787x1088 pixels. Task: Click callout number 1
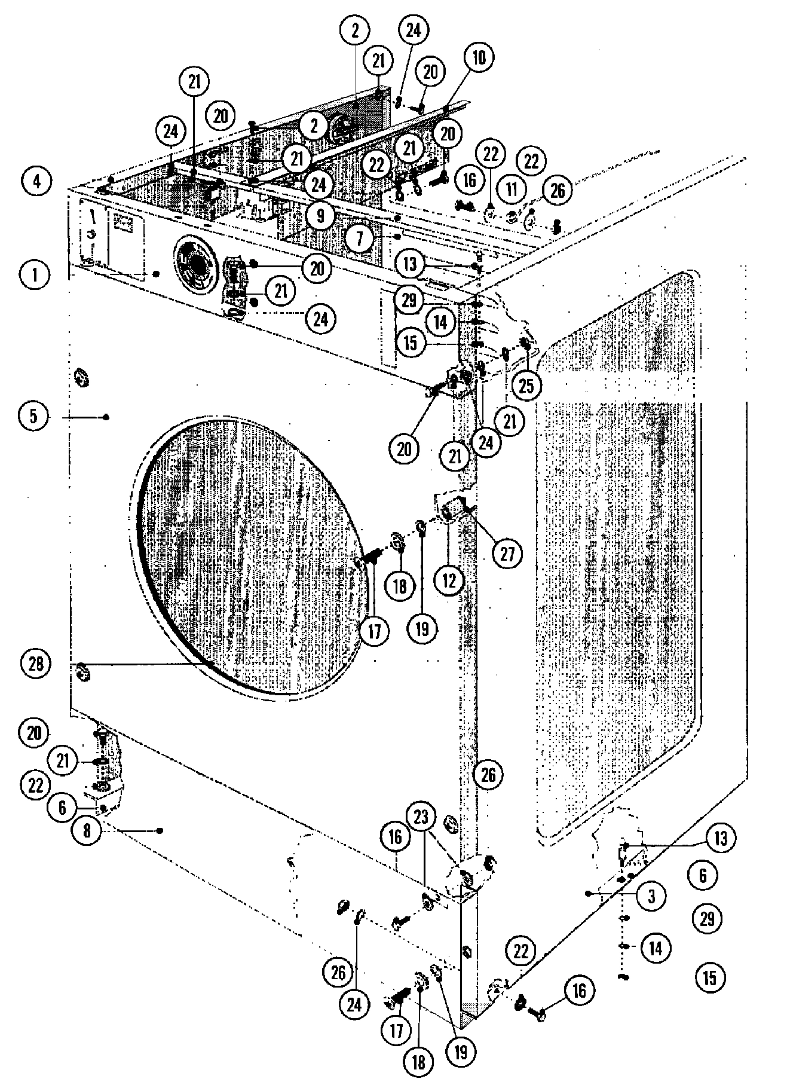coord(35,276)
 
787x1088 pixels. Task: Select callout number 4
coord(37,181)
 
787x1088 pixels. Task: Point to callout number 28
coord(37,664)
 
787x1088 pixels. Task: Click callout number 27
coord(507,554)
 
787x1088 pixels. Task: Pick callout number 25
coord(526,386)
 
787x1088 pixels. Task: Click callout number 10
coord(482,58)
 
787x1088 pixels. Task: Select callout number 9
coord(320,216)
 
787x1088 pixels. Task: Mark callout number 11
coord(512,190)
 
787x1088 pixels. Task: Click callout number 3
coord(651,896)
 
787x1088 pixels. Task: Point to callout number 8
coord(88,831)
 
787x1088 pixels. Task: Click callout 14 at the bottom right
coord(656,948)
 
